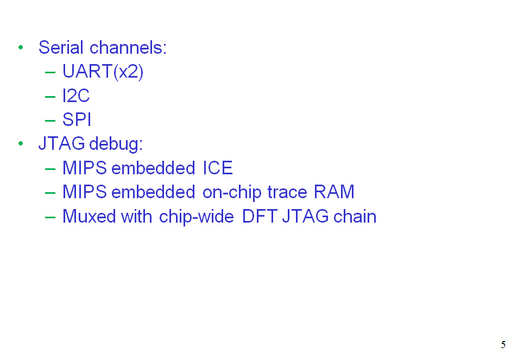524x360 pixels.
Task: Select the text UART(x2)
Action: [x=103, y=72]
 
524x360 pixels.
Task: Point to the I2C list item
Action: [x=76, y=96]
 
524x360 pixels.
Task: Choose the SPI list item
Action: [x=77, y=120]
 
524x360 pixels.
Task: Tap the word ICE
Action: [x=218, y=168]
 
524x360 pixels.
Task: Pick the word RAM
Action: [x=334, y=192]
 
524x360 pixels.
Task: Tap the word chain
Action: [x=355, y=216]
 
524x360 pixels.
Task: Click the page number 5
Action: [x=503, y=345]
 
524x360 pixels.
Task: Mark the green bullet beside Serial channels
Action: [x=21, y=48]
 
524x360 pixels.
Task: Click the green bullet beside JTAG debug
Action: [x=21, y=144]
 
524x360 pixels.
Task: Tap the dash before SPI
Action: [x=50, y=121]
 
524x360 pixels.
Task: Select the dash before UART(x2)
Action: [x=50, y=72]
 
